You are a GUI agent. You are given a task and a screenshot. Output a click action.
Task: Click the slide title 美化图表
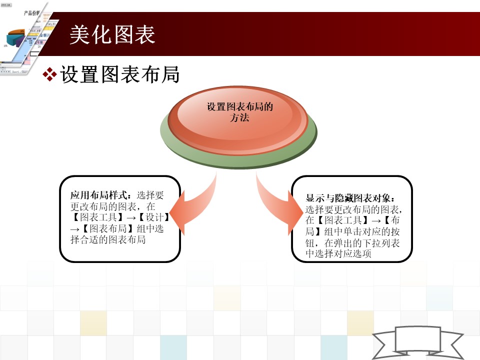[x=112, y=34]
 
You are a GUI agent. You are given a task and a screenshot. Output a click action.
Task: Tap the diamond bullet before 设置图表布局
[x=49, y=74]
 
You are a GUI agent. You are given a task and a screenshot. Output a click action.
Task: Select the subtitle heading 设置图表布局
[x=119, y=74]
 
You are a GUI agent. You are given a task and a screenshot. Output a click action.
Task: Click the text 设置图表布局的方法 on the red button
[x=239, y=112]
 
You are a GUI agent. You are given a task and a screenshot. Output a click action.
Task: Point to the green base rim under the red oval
[x=239, y=159]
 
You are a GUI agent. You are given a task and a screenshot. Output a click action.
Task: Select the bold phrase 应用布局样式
[x=98, y=195]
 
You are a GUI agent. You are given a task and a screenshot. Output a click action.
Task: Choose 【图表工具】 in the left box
[x=98, y=217]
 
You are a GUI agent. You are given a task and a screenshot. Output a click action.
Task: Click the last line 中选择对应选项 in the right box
[x=338, y=254]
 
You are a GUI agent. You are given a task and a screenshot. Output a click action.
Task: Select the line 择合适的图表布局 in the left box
[x=108, y=239]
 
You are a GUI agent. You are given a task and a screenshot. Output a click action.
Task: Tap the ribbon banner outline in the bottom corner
[x=418, y=341]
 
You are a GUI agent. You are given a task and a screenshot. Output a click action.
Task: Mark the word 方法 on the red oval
[x=239, y=117]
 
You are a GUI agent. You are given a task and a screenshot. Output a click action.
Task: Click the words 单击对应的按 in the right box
[x=371, y=231]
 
